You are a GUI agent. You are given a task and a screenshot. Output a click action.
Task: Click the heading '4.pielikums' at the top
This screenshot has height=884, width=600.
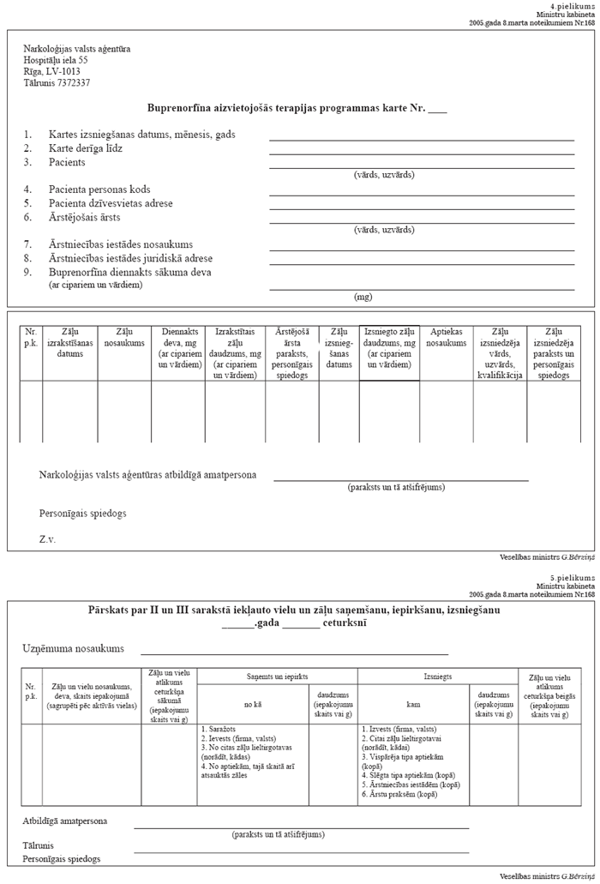[x=573, y=6]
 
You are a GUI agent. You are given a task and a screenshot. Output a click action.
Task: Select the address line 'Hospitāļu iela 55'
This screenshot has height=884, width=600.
[x=56, y=60]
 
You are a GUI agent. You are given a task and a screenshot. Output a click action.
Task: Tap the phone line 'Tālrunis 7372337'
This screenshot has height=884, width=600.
[x=57, y=83]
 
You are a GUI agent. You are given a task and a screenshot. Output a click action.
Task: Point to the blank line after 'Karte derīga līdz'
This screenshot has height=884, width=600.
[x=421, y=154]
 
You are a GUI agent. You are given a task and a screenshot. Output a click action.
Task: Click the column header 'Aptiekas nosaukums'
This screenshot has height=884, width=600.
[x=448, y=336]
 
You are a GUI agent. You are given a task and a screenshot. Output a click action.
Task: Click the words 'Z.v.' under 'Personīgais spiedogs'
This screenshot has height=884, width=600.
[x=49, y=540]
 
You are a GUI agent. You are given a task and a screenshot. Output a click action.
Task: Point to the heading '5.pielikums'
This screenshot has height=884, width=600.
[x=573, y=578]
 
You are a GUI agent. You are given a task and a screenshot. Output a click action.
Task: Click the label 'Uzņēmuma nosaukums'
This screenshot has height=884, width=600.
[x=74, y=649]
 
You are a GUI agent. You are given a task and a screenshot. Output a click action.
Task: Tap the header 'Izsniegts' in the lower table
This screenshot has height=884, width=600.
[x=437, y=677]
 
